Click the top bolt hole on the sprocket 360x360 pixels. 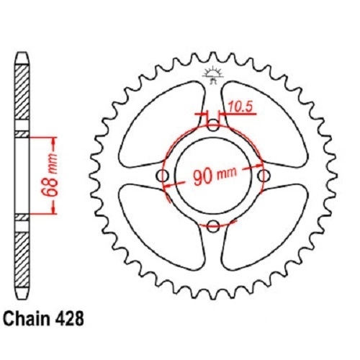(213, 125)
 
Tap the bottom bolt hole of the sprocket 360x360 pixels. (213, 225)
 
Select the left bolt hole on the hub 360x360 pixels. (163, 176)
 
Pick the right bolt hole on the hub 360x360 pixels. (264, 176)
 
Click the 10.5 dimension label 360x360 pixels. (240, 107)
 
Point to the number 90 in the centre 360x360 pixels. (203, 176)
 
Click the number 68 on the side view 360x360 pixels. (51, 188)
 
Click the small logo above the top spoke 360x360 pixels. (212, 75)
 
